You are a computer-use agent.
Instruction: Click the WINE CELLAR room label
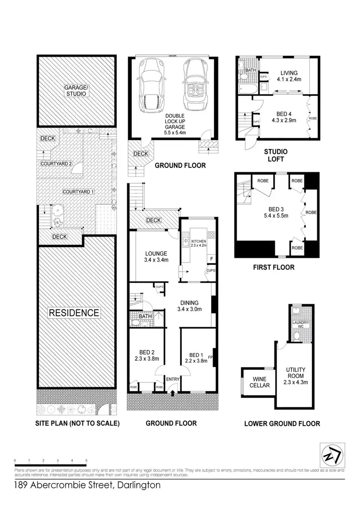260,382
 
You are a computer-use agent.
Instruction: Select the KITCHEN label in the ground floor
198,241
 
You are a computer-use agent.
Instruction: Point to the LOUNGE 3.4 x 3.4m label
156,257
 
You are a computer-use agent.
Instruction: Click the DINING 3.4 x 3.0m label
189,306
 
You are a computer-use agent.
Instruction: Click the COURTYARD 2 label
56,164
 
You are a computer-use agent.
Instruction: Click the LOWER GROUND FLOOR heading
282,424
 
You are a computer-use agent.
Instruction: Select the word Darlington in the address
137,485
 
